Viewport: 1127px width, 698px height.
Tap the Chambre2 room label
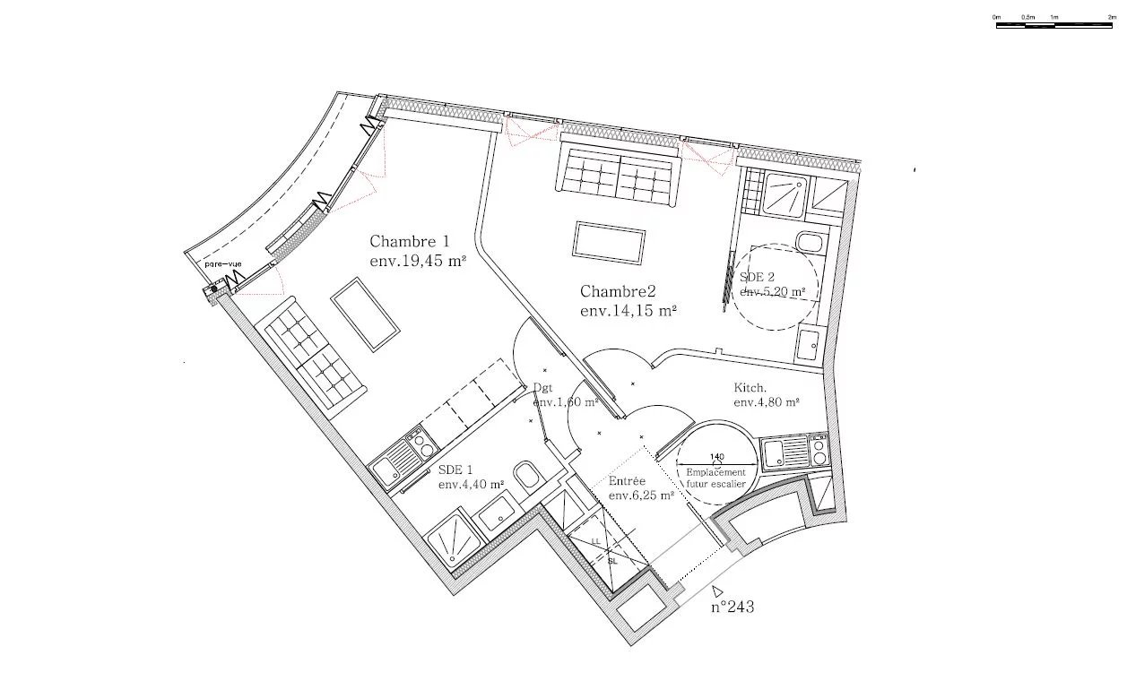pyautogui.click(x=619, y=291)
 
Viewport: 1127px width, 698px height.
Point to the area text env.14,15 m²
pyautogui.click(x=628, y=311)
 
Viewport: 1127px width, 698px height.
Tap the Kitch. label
pyautogui.click(x=750, y=388)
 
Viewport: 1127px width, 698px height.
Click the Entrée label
pyautogui.click(x=627, y=481)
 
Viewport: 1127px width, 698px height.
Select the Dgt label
pyautogui.click(x=543, y=388)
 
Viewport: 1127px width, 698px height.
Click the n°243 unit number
pyautogui.click(x=733, y=607)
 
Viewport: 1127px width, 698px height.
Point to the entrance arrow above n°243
pyautogui.click(x=717, y=590)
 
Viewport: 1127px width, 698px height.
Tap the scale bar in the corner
pyautogui.click(x=1054, y=24)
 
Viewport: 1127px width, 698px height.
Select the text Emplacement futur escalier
pyautogui.click(x=715, y=478)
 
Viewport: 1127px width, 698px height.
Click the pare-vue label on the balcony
pyautogui.click(x=223, y=264)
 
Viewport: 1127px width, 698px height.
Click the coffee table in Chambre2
pyautogui.click(x=610, y=243)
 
